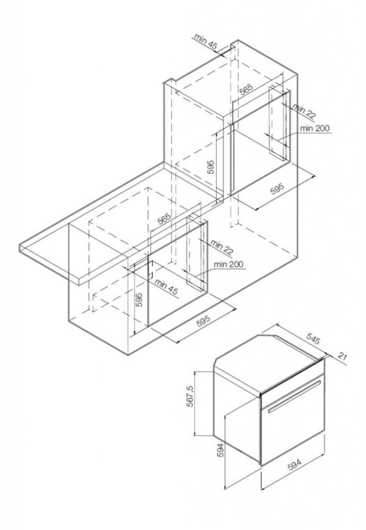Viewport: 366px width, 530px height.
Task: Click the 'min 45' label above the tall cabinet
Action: pyautogui.click(x=205, y=42)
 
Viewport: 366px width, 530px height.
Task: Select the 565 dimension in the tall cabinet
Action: pyautogui.click(x=247, y=89)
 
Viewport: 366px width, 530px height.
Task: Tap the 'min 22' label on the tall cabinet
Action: pyautogui.click(x=304, y=111)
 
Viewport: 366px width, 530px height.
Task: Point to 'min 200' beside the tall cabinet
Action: pyautogui.click(x=315, y=128)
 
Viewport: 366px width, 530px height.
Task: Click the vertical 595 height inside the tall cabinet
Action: pyautogui.click(x=211, y=167)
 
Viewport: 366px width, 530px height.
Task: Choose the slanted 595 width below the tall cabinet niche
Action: pyautogui.click(x=277, y=189)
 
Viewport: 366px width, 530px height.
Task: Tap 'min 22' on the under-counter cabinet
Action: pyautogui.click(x=222, y=247)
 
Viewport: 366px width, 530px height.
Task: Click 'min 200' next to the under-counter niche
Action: pyautogui.click(x=228, y=264)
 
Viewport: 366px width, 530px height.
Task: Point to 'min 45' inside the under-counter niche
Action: pyautogui.click(x=167, y=287)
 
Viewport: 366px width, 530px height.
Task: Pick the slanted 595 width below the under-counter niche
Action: pyautogui.click(x=204, y=322)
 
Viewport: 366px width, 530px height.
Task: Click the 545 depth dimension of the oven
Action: pyautogui.click(x=312, y=339)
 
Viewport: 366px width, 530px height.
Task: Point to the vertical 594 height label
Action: pyautogui.click(x=221, y=450)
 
